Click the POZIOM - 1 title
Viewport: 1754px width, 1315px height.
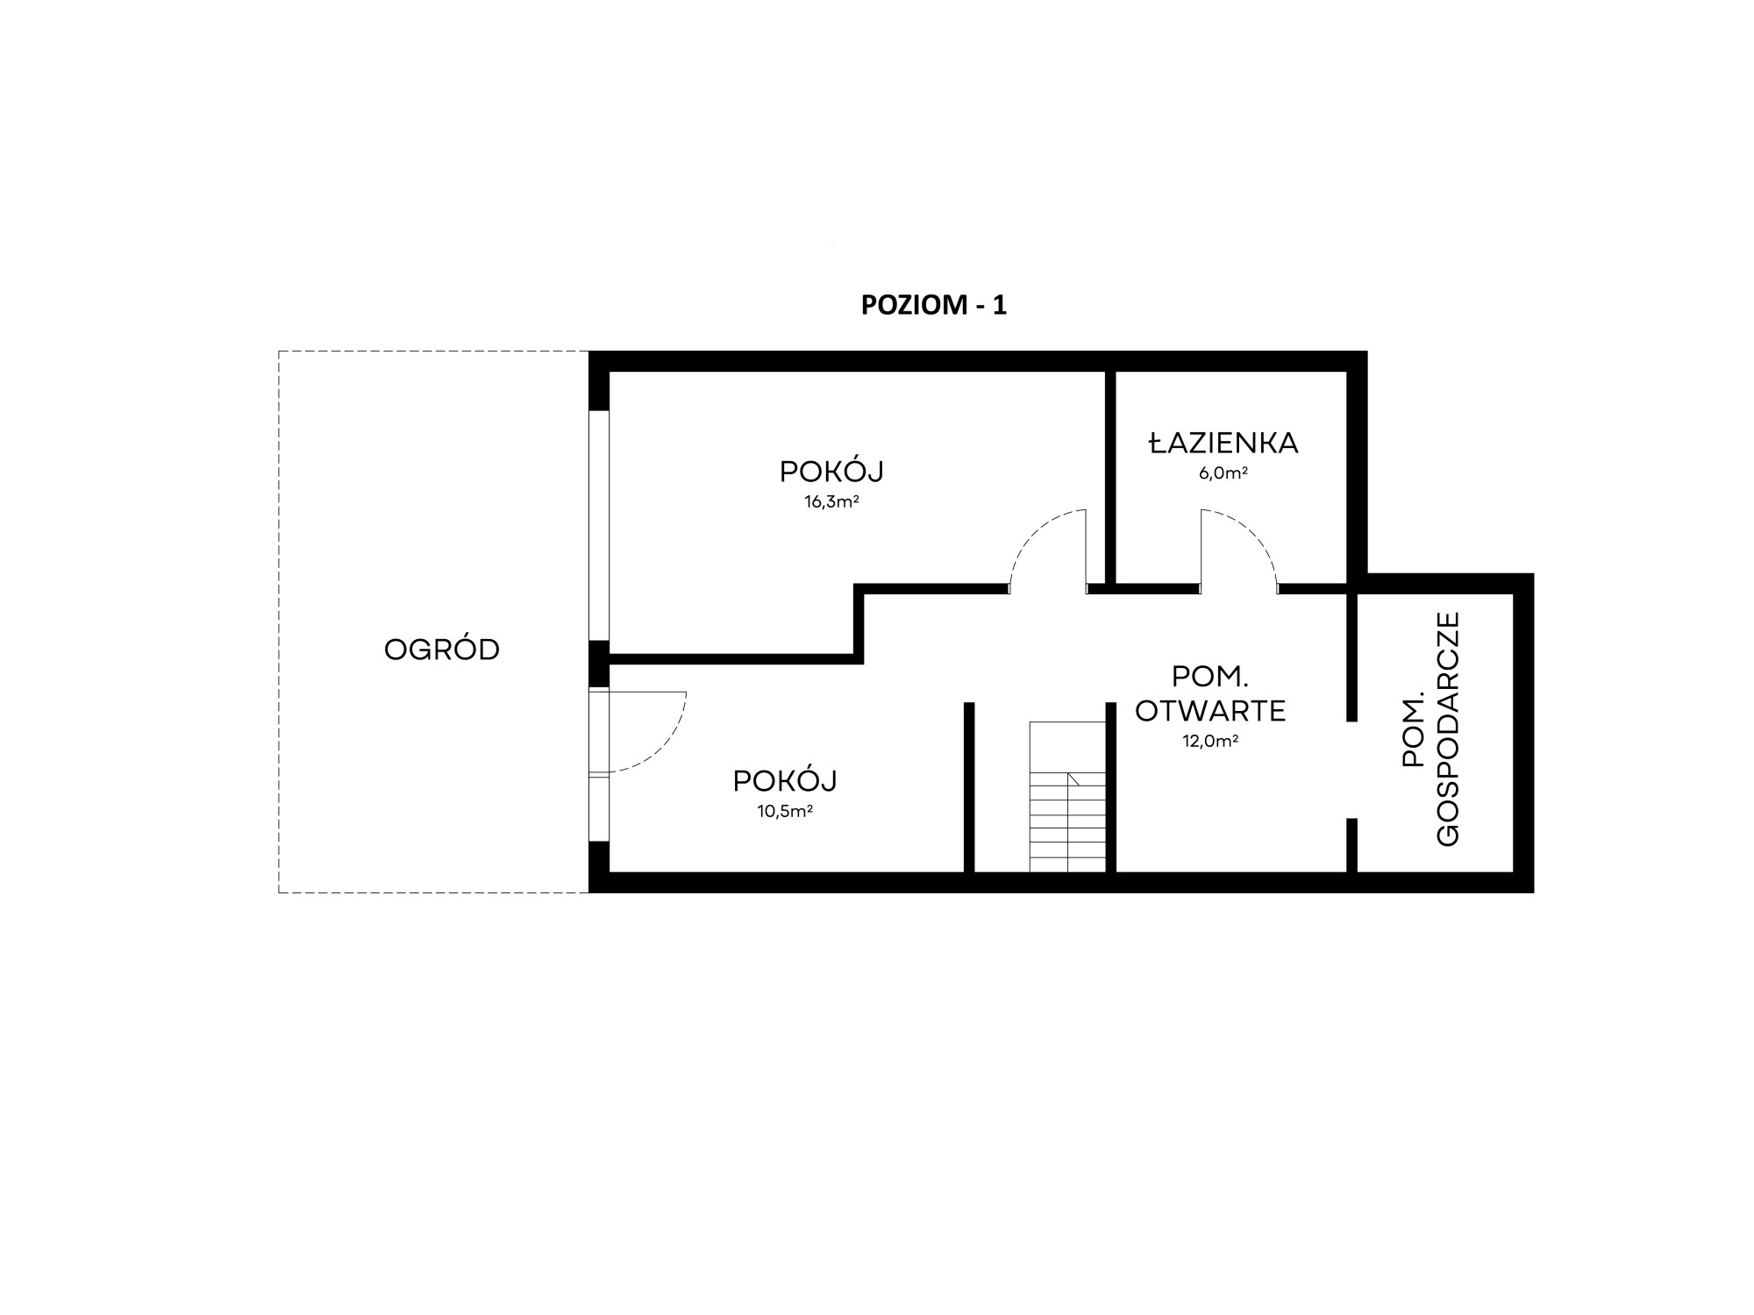934,305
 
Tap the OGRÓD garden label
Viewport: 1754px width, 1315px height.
442,650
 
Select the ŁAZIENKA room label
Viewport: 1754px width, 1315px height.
1223,443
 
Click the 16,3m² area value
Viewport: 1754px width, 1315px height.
831,502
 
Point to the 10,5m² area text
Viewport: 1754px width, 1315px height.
785,811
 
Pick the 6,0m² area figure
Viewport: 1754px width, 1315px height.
1223,473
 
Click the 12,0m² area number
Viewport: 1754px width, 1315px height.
1210,741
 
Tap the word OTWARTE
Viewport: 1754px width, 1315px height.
1210,710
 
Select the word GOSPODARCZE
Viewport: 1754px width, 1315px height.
1449,729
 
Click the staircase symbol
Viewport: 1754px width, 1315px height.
1067,797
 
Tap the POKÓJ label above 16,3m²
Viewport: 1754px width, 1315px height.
831,472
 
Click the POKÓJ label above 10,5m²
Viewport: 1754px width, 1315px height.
785,780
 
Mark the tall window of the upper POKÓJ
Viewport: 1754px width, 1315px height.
599,525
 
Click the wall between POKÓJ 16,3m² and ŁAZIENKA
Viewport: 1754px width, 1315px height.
1110,477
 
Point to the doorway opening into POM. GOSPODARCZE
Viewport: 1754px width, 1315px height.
1352,770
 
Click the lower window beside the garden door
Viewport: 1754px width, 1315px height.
599,809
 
